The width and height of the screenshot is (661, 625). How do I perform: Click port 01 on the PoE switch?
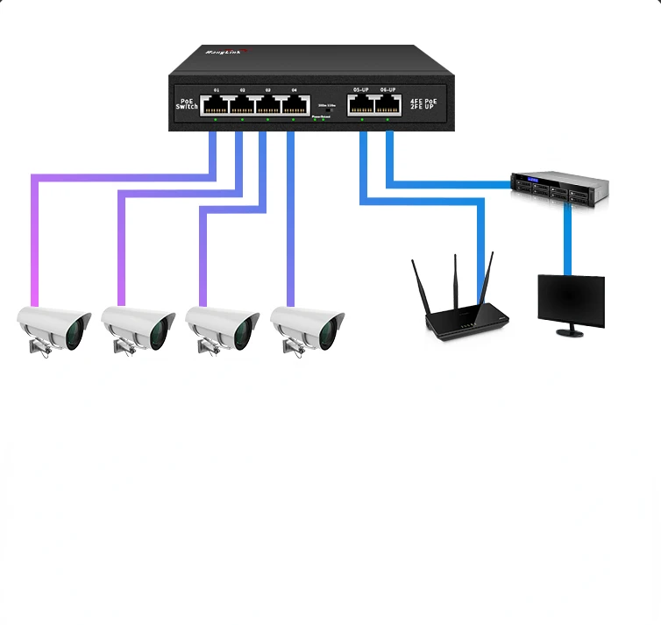tap(216, 105)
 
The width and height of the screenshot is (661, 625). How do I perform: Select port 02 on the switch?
tap(242, 105)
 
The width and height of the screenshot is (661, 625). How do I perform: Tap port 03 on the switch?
tap(268, 105)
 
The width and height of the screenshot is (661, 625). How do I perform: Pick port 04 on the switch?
tap(295, 105)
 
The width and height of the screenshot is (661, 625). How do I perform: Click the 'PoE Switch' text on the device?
tap(187, 103)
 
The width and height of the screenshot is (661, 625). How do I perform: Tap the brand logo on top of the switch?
tap(227, 53)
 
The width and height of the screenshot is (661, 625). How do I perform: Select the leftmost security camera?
tap(54, 329)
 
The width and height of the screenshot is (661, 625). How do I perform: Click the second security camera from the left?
tap(138, 329)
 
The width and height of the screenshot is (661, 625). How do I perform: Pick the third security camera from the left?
tap(222, 329)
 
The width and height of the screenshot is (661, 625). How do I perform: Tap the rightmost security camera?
tap(307, 329)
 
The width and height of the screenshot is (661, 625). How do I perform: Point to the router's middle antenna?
tap(456, 281)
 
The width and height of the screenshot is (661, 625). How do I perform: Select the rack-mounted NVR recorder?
tap(559, 187)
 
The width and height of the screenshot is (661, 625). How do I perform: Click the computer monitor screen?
tap(571, 301)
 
